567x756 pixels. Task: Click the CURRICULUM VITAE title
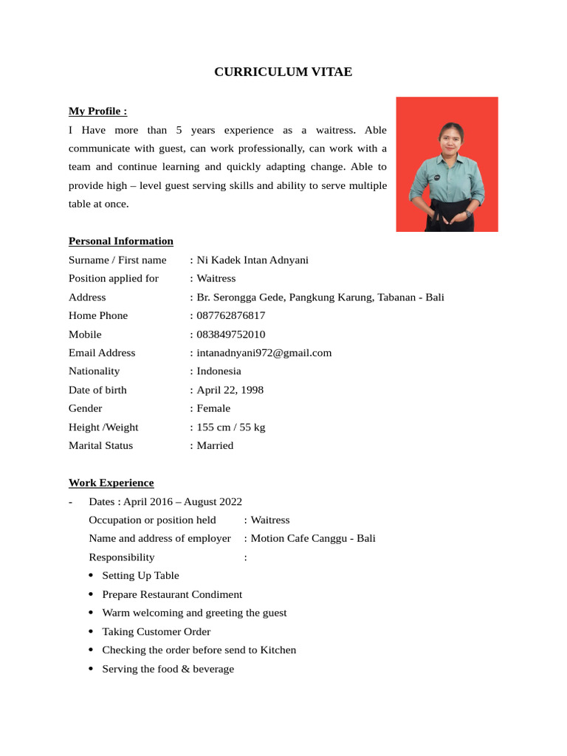pyautogui.click(x=283, y=72)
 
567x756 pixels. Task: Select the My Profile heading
pyautogui.click(x=97, y=111)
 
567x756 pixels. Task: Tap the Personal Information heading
pyautogui.click(x=121, y=241)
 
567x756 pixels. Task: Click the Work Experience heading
pyautogui.click(x=111, y=483)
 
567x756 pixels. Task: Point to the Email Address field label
pyautogui.click(x=102, y=353)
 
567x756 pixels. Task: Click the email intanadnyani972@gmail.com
pyautogui.click(x=264, y=353)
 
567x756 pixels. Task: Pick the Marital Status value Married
pyautogui.click(x=215, y=445)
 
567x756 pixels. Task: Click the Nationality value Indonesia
pyautogui.click(x=219, y=371)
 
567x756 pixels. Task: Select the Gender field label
pyautogui.click(x=86, y=408)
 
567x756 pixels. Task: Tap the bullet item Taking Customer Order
pyautogui.click(x=157, y=631)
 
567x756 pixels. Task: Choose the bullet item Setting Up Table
pyautogui.click(x=140, y=575)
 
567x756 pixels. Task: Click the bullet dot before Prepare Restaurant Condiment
pyautogui.click(x=91, y=594)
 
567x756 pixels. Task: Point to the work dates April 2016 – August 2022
pyautogui.click(x=182, y=501)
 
